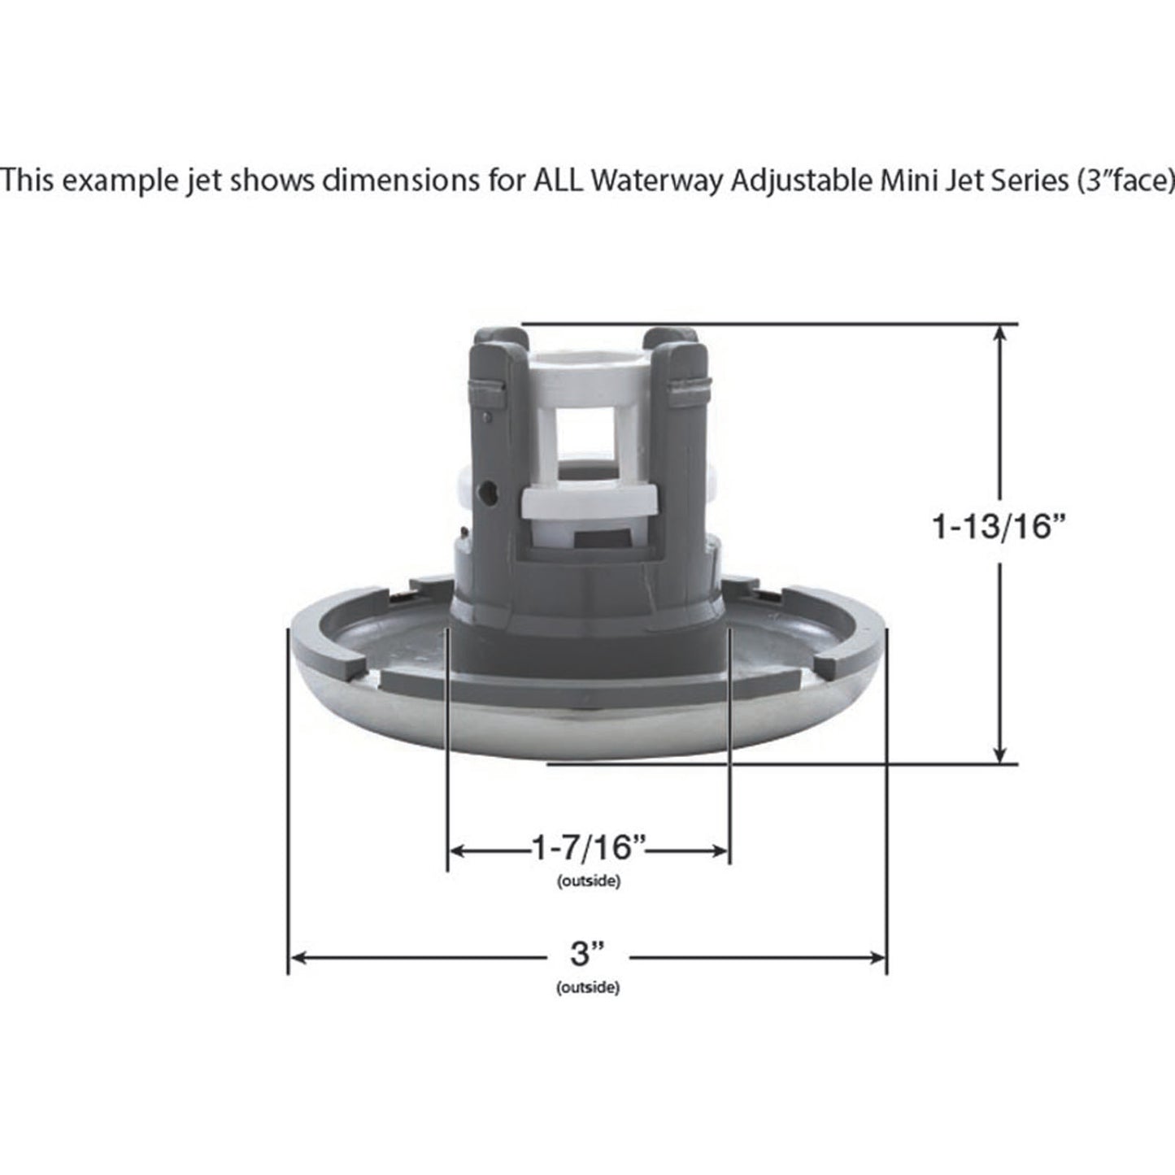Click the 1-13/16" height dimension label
click(998, 529)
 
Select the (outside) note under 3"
click(588, 989)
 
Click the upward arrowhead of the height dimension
click(1001, 333)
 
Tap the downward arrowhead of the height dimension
click(1001, 755)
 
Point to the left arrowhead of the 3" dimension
click(298, 958)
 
